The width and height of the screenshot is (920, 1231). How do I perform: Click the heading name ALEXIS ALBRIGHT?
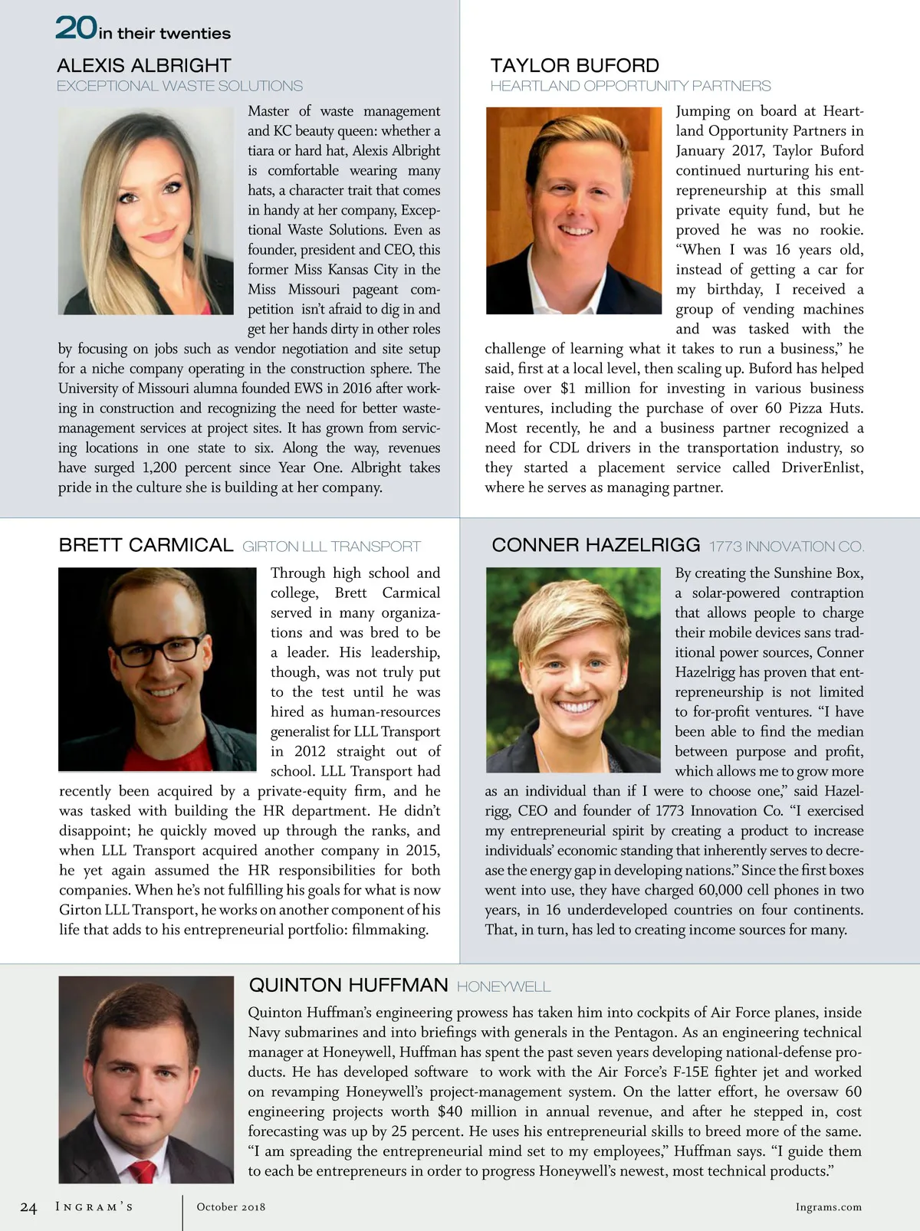[x=143, y=66]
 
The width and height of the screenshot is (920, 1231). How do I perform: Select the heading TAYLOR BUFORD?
[x=574, y=66]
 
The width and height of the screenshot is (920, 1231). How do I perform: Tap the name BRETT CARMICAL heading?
[x=146, y=545]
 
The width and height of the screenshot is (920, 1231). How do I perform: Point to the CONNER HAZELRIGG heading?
[x=596, y=545]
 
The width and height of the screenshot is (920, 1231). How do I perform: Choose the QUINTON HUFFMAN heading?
[x=348, y=985]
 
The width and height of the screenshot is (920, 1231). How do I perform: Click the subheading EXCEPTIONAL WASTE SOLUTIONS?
[x=179, y=86]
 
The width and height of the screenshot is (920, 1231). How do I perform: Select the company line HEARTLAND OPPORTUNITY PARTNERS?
[x=630, y=86]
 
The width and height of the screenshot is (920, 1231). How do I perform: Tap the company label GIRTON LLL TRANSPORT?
[x=331, y=547]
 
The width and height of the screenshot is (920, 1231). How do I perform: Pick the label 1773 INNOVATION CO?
[x=786, y=547]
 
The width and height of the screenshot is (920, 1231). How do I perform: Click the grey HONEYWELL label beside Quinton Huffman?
[x=504, y=986]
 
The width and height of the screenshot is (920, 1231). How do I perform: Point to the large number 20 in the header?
[x=75, y=28]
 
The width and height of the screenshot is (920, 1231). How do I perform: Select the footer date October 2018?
[x=231, y=1206]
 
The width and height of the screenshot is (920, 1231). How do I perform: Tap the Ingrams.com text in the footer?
[x=828, y=1206]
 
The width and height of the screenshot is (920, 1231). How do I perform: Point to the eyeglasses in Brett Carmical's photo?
[x=157, y=651]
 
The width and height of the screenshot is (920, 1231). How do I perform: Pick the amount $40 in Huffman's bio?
[x=450, y=1111]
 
